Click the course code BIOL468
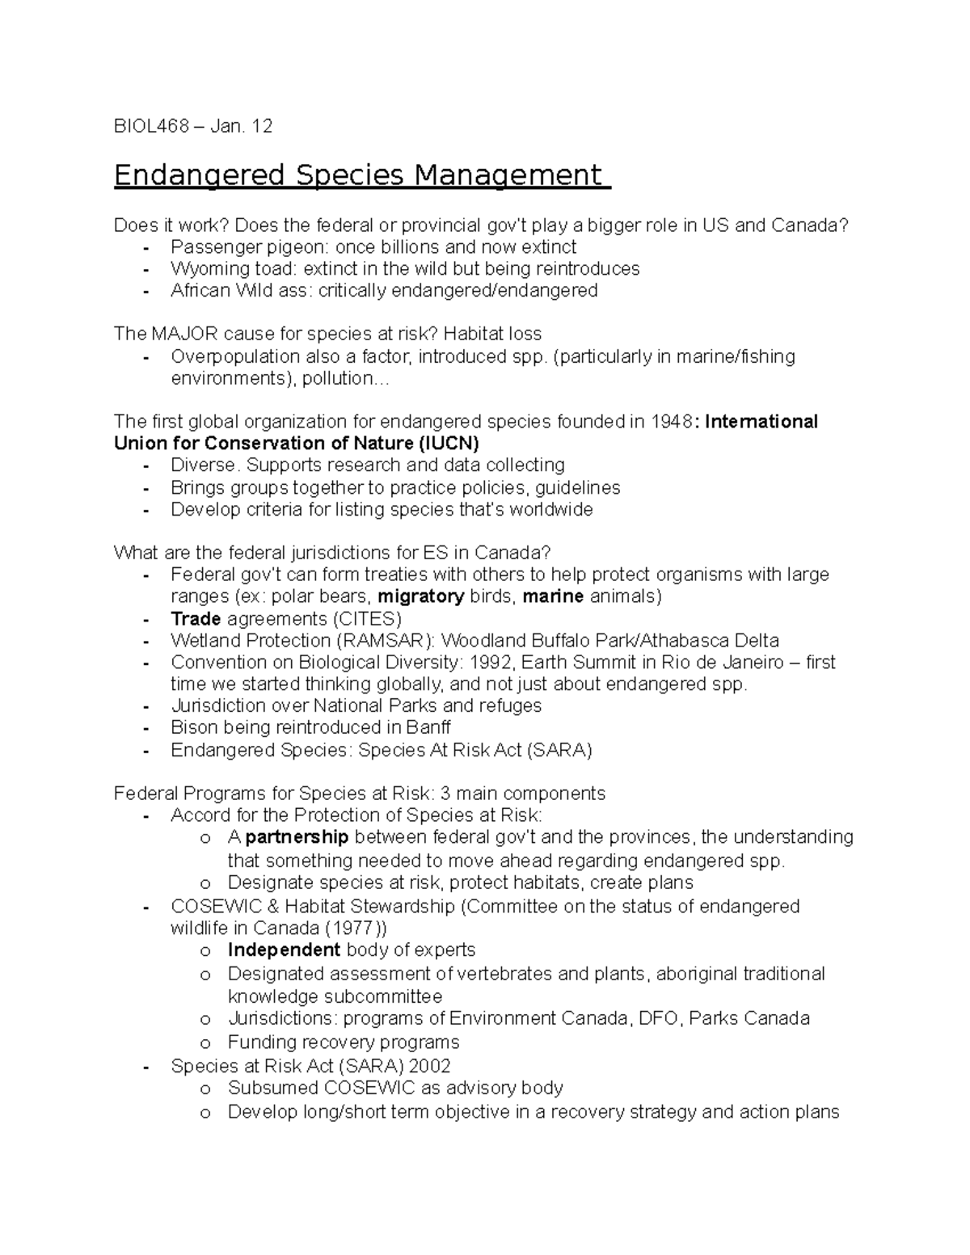(x=151, y=126)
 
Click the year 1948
(x=673, y=422)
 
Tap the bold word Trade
(x=196, y=619)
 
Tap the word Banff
(x=428, y=727)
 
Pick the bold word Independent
(x=284, y=950)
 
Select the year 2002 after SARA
(x=428, y=1066)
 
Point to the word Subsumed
(x=272, y=1089)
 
